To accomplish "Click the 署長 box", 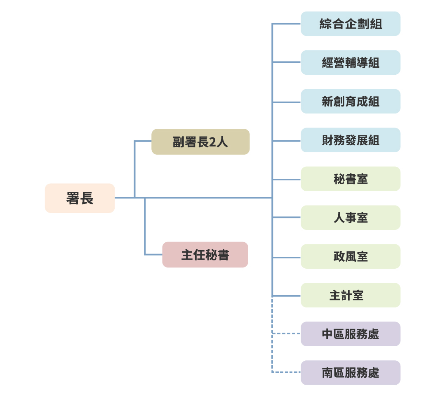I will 80,198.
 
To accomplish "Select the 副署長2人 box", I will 200,142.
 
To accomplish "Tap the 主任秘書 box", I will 205,255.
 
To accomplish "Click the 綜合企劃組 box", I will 351,24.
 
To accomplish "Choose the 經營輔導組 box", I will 351,62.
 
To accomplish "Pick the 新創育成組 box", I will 351,101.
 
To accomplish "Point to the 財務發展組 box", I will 351,140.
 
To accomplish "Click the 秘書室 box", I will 351,179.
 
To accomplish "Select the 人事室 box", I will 351,218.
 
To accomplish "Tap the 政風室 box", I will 351,256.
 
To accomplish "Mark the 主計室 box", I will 351,295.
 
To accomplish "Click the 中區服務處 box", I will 351,334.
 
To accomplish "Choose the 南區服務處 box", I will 351,373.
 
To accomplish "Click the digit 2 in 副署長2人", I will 212,142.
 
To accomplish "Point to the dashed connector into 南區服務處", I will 287,372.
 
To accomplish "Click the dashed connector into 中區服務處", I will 287,333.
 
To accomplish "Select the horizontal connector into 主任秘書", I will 153,254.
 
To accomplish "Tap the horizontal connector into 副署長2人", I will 143,141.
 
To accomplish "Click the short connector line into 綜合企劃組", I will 287,24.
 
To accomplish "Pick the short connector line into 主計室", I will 287,296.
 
